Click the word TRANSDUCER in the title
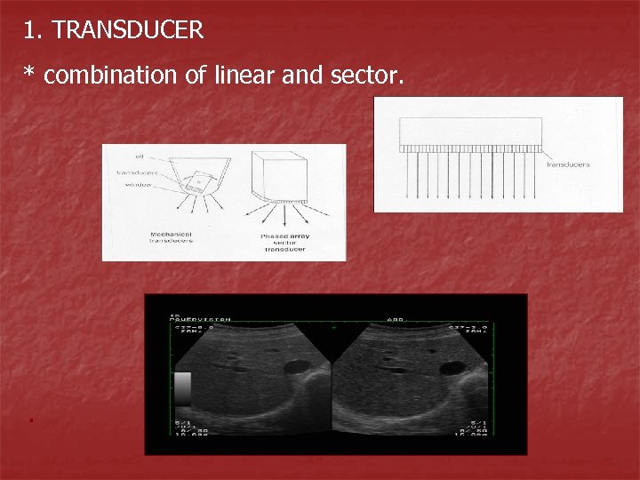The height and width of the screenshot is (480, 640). [x=128, y=31]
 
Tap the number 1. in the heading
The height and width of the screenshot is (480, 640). [x=34, y=31]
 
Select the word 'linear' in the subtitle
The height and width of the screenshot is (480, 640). [x=244, y=76]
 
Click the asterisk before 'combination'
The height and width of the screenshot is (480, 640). [x=29, y=75]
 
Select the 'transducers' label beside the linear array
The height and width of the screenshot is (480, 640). [x=568, y=164]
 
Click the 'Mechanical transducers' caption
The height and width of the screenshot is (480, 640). [x=171, y=236]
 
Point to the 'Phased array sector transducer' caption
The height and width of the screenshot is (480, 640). [x=283, y=243]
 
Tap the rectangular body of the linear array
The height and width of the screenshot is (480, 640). [x=470, y=132]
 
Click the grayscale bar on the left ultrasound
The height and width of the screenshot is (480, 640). [x=182, y=389]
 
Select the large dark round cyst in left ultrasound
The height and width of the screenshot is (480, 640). [x=295, y=367]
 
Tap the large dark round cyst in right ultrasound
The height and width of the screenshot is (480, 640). [x=452, y=367]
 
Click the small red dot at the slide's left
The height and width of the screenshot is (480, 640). [x=29, y=418]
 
